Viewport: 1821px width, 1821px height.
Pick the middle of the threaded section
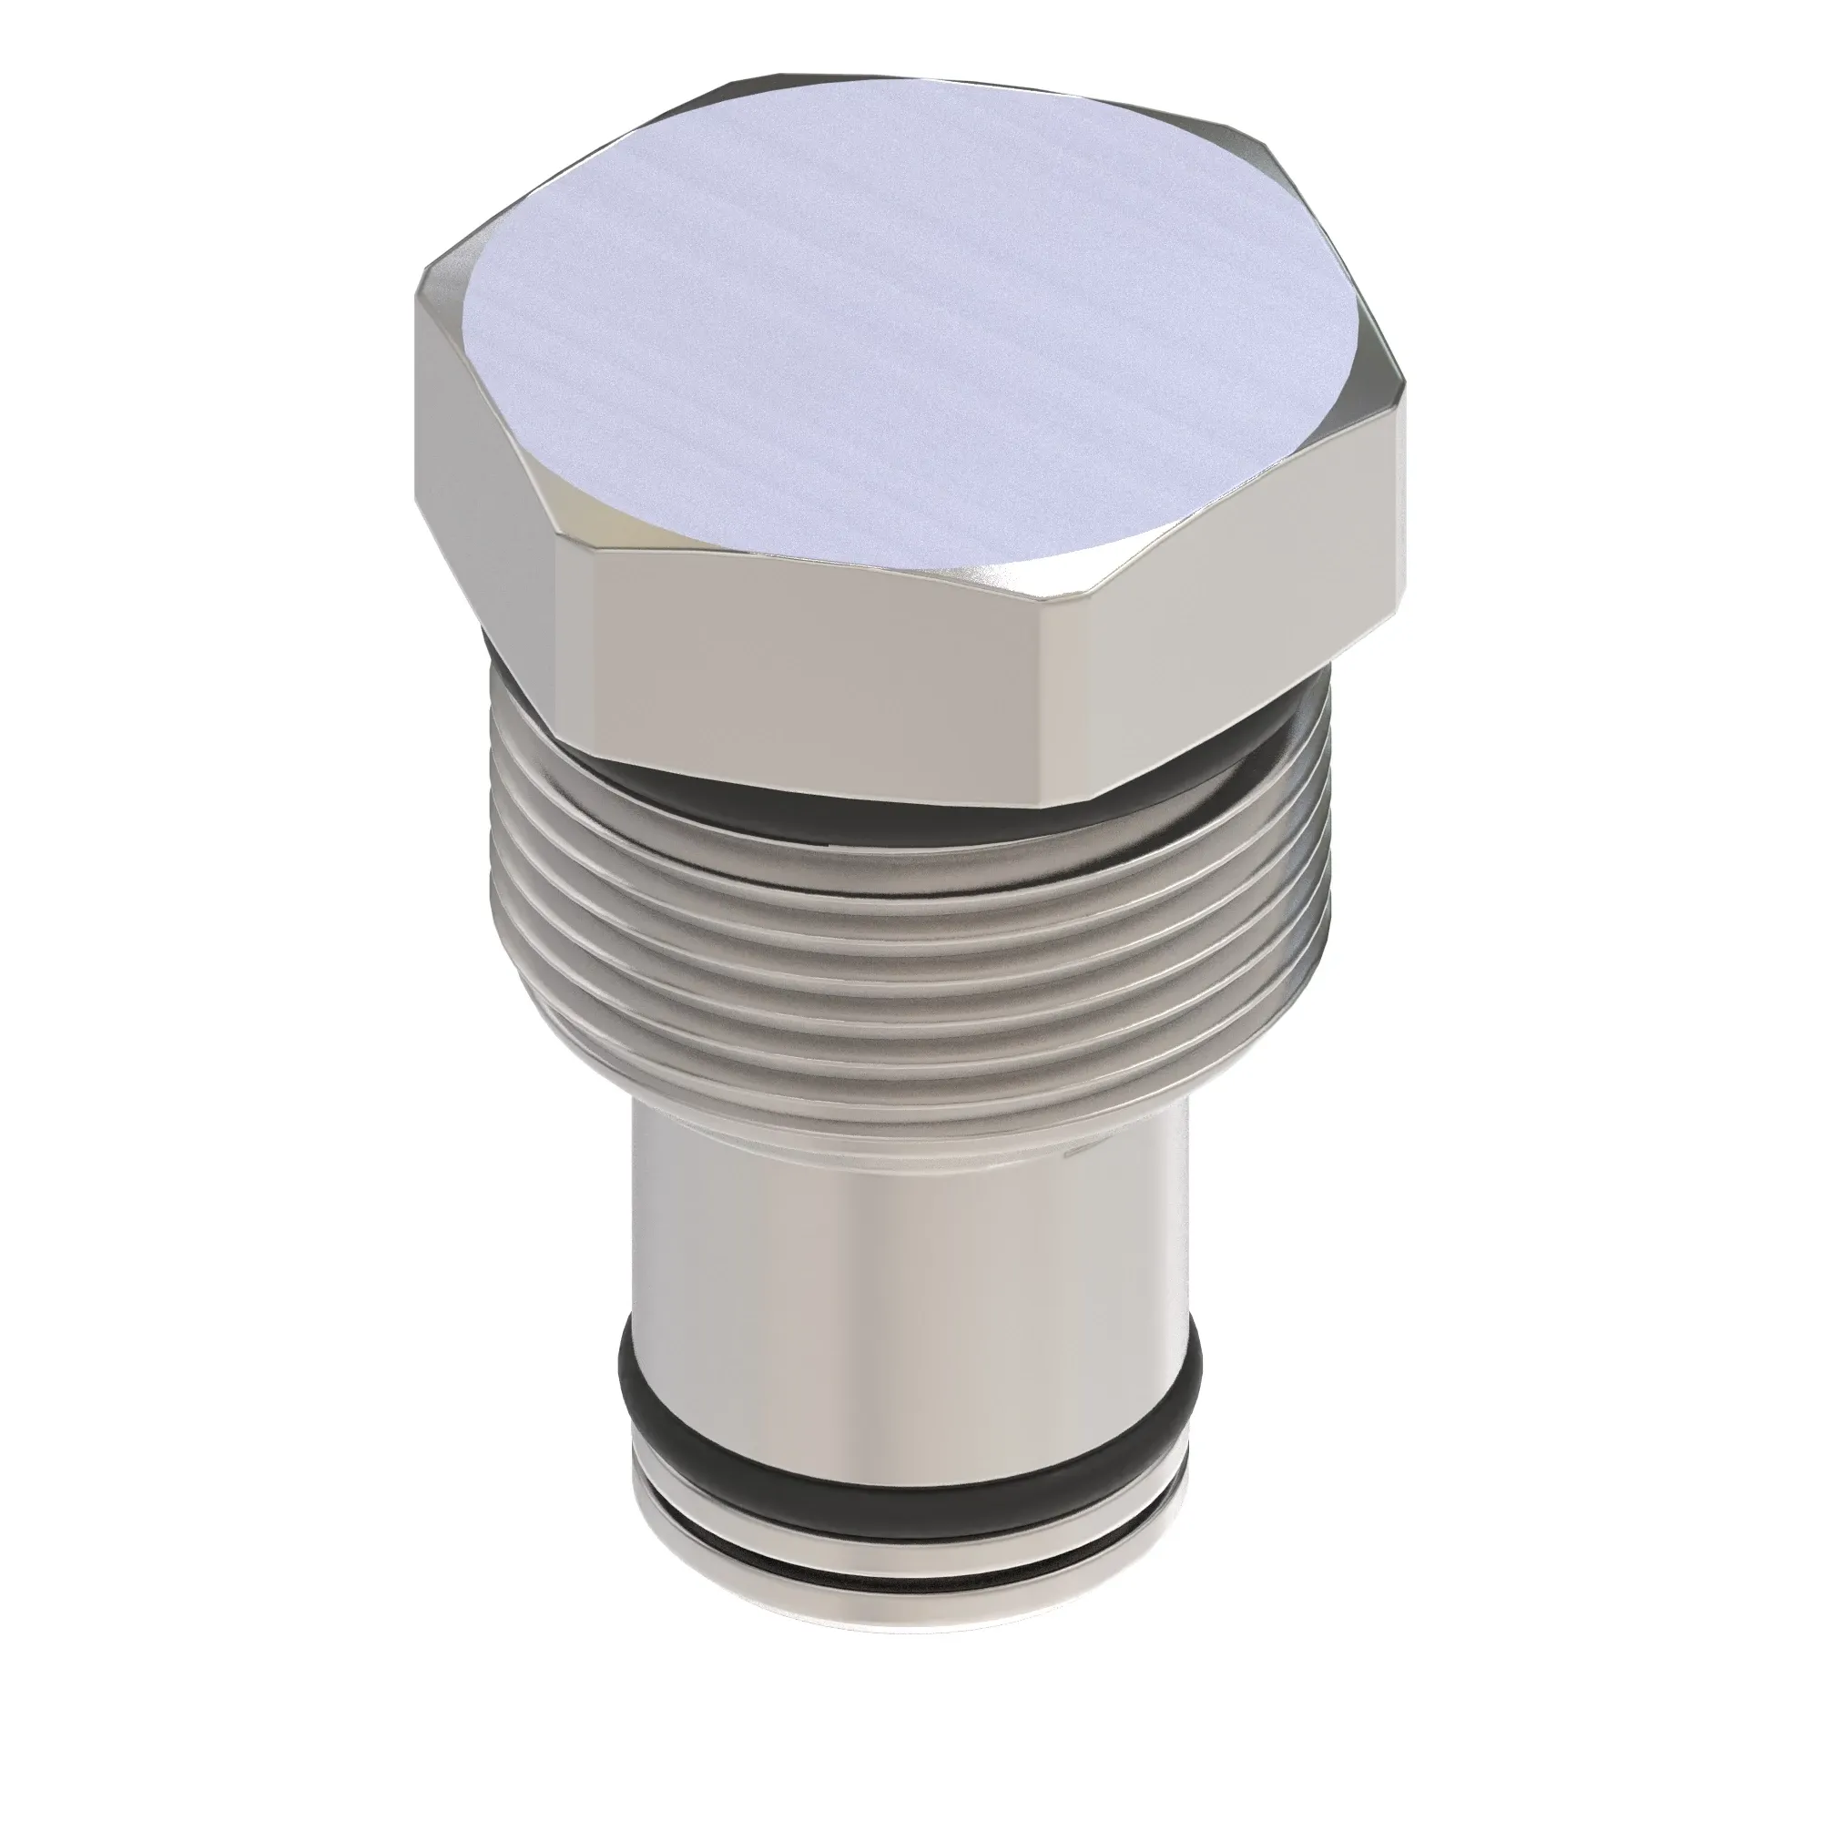pyautogui.click(x=895, y=961)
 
